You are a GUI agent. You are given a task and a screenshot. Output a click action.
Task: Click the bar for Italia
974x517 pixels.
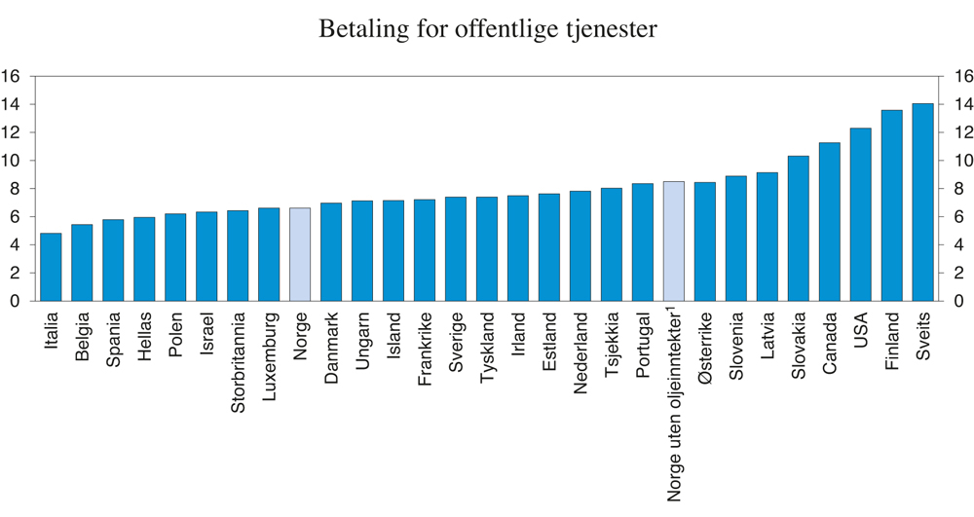[51, 267]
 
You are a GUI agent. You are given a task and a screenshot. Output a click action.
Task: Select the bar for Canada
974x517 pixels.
[830, 222]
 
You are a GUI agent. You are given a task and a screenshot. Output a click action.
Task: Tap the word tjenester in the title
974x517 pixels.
[611, 30]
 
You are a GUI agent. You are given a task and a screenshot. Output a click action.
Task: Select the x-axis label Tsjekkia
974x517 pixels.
[613, 346]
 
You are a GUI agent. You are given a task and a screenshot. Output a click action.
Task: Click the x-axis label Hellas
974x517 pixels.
[145, 336]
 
